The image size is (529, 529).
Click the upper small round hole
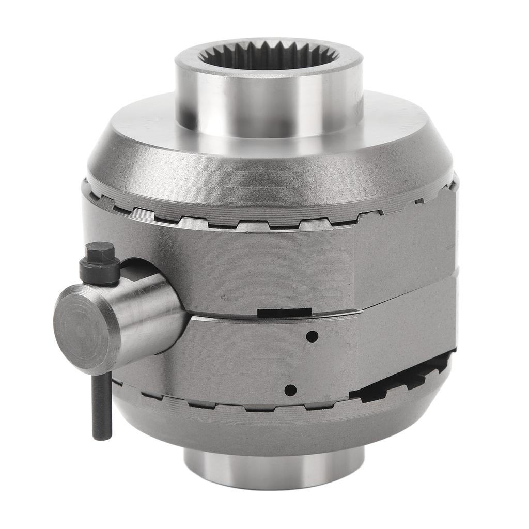[x=312, y=336]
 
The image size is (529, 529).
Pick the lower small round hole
[x=291, y=390]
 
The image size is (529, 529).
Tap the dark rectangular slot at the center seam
[x=284, y=313]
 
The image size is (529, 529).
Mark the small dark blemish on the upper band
[x=223, y=298]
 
